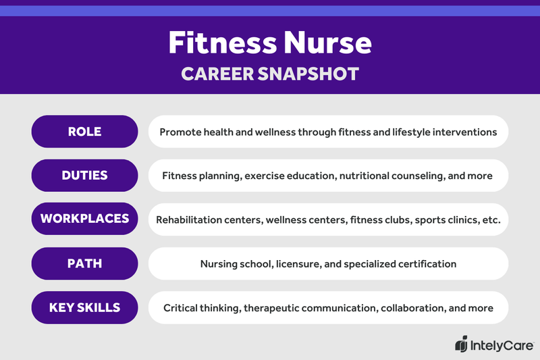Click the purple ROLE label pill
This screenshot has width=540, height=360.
point(84,132)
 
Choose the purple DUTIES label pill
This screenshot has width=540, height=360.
point(84,176)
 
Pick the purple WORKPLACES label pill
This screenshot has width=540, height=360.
point(84,220)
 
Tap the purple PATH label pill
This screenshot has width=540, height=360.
point(84,263)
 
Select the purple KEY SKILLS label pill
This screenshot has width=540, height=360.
point(84,307)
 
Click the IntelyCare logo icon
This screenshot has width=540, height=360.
point(461,344)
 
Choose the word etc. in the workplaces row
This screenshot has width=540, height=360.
point(488,220)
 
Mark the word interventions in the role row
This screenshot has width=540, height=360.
point(465,132)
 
